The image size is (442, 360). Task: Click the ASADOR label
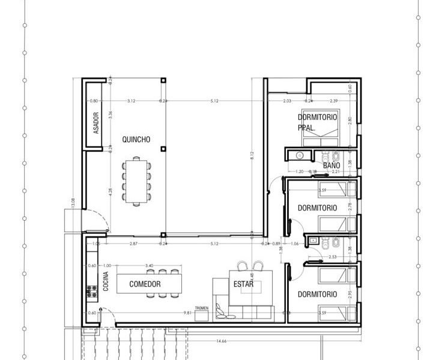[x=95, y=123]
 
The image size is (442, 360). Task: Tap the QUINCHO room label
[x=136, y=139]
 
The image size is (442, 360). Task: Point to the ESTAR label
[x=243, y=284]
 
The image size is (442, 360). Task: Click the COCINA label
[x=106, y=283]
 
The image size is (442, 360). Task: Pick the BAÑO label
[x=331, y=165]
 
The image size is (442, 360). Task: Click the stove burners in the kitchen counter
[x=92, y=292]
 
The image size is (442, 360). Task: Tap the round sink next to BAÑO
[x=299, y=156]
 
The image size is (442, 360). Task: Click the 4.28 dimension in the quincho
[x=110, y=192]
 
